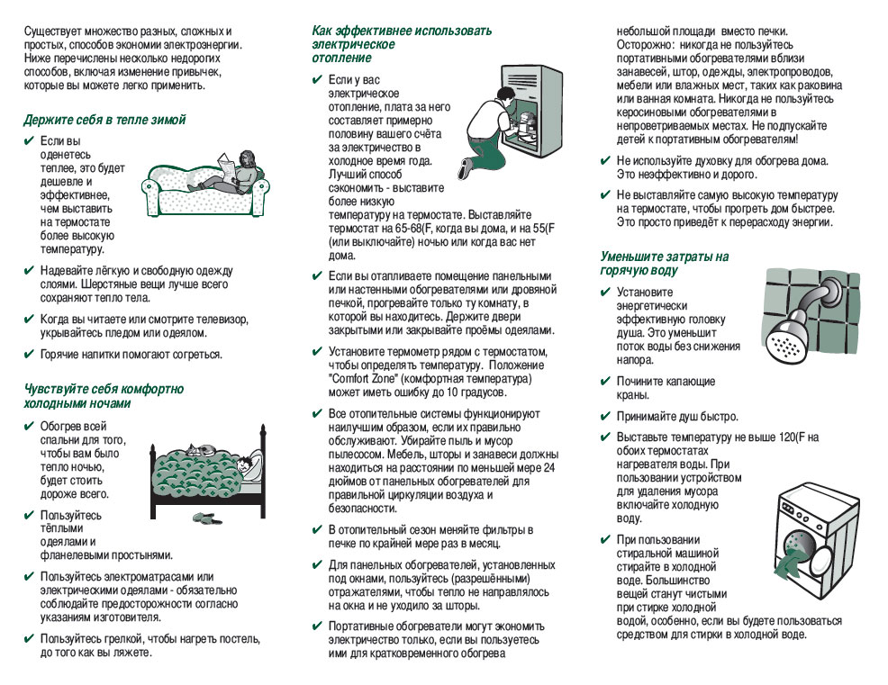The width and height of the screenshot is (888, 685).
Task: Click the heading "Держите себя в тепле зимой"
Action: pos(104,119)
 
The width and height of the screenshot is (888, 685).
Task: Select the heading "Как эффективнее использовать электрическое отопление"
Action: pos(401,43)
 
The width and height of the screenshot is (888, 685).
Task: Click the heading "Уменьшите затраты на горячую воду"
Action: pos(665,263)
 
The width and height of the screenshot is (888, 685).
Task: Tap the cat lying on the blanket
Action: pos(203,447)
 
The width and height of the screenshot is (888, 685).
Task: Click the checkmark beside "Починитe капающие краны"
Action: pos(605,382)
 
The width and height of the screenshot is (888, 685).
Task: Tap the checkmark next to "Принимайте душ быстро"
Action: pos(605,417)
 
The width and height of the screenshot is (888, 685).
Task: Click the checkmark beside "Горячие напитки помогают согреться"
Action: pos(29,354)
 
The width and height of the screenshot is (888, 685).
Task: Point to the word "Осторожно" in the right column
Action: pos(645,44)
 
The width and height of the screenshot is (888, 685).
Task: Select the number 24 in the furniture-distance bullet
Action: pos(549,468)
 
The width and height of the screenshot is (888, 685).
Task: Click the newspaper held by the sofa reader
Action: pos(225,163)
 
